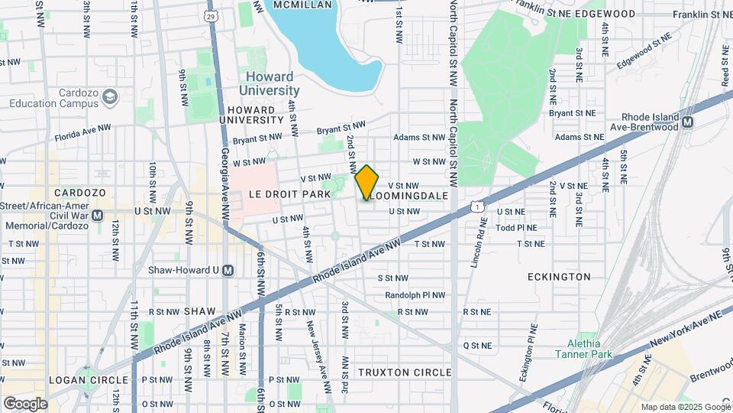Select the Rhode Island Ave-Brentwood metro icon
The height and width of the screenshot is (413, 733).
pos(687,122)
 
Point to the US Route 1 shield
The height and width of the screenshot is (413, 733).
pos(476,206)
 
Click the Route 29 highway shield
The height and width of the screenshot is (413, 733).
pos(211,15)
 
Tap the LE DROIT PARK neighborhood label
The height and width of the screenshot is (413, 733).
pos(289,194)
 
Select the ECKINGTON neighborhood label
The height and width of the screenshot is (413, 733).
pos(558,276)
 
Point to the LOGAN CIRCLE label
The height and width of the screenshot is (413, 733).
pos(89,379)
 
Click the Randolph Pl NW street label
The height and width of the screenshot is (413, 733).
pos(415,294)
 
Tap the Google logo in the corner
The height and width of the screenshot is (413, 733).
pos(25,403)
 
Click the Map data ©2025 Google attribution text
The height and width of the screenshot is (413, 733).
pos(685,407)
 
